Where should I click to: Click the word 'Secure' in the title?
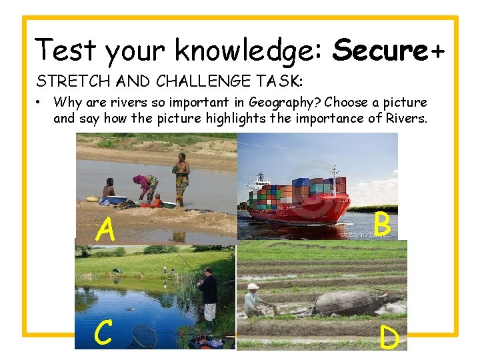379,50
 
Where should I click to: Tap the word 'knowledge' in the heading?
249,51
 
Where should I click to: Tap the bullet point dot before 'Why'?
41,103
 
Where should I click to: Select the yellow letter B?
381,225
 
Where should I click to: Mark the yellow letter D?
389,337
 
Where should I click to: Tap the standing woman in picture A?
181,177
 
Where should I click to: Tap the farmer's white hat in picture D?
252,287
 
